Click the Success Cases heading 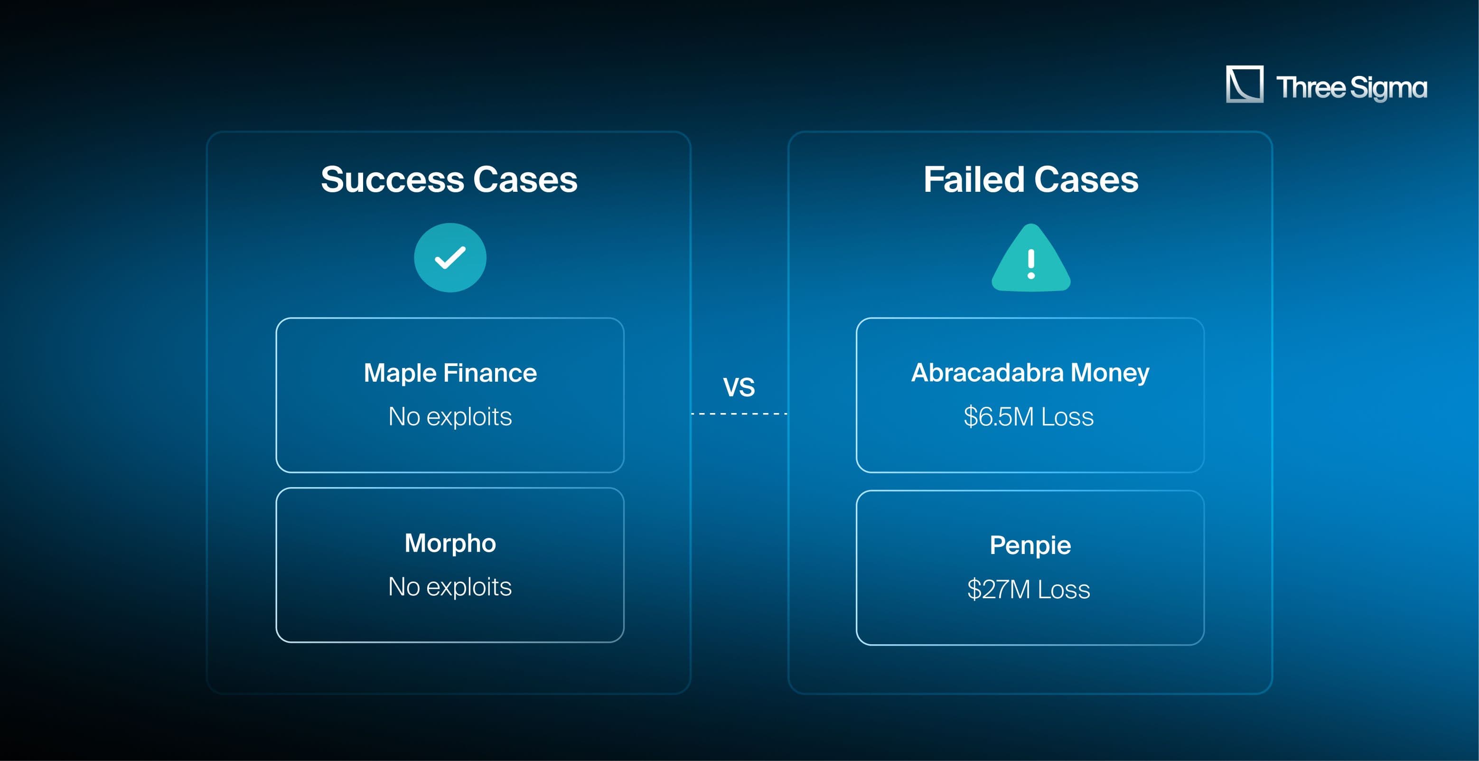(x=449, y=180)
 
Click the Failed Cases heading (x=1030, y=180)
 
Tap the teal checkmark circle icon (x=450, y=258)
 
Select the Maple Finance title (x=450, y=373)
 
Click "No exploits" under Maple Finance (x=450, y=416)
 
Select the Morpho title (x=450, y=543)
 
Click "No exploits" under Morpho (x=450, y=586)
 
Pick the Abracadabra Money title (x=1030, y=373)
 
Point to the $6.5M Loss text (x=1029, y=416)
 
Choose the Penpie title (x=1030, y=545)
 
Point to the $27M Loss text (x=1029, y=589)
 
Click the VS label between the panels (x=739, y=387)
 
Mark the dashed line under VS (x=739, y=413)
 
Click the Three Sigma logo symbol (x=1244, y=85)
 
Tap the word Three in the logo (x=1311, y=87)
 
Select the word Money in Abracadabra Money (x=1110, y=373)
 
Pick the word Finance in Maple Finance (x=490, y=373)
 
